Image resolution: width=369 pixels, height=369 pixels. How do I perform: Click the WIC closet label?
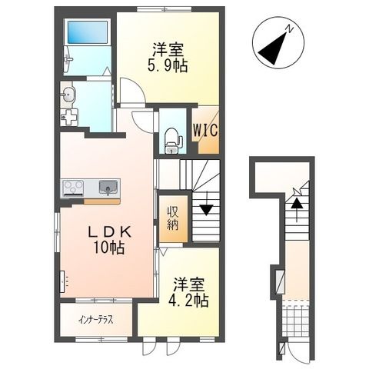[x=205, y=130]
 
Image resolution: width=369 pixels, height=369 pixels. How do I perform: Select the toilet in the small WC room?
[x=171, y=141]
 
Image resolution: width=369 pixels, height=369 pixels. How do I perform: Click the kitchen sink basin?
[x=108, y=187]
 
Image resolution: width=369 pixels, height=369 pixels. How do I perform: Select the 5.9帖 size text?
[x=168, y=67]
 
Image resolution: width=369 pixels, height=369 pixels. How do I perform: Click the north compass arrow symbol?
[x=273, y=48]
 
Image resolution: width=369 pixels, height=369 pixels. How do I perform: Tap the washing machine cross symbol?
[x=69, y=118]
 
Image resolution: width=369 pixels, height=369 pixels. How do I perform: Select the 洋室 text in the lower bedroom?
[x=189, y=283]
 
